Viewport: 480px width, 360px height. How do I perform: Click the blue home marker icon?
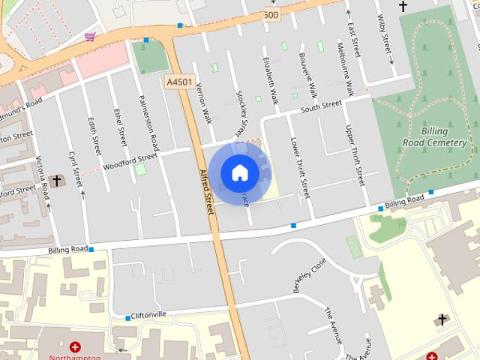point(239,173)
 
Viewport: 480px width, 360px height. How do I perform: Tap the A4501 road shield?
point(179,81)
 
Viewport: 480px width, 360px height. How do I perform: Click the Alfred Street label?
point(206,190)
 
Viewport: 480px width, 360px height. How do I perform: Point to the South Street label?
point(321,109)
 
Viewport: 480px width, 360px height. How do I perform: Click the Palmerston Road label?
point(148,121)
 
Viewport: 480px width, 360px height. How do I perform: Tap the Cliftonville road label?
point(148,315)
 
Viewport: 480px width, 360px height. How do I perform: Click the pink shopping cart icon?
point(90,36)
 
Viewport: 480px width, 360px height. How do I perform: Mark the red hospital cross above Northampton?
point(75,346)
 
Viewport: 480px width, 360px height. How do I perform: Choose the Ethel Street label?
point(119,128)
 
